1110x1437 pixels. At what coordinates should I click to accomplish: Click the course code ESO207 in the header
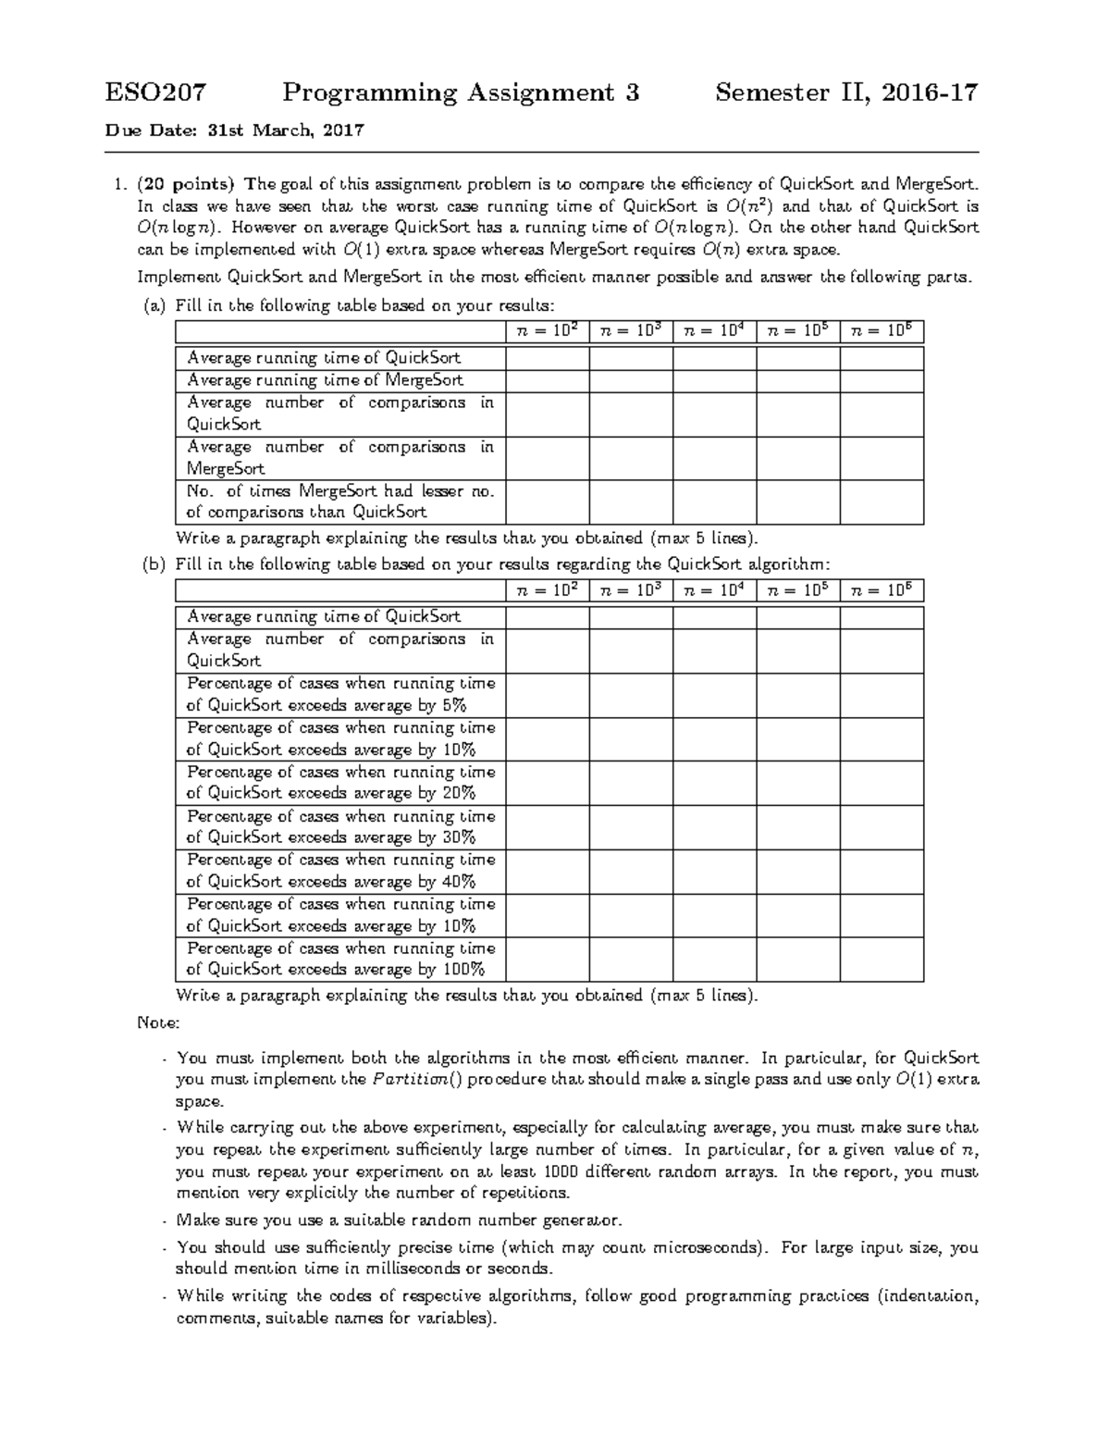click(155, 93)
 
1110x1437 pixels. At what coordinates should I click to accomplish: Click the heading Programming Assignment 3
click(461, 93)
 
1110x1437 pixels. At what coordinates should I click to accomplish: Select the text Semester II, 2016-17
click(846, 93)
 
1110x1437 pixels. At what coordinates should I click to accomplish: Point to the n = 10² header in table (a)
click(548, 330)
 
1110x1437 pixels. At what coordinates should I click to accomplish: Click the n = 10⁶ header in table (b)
click(882, 589)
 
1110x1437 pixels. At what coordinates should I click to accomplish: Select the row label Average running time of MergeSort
click(325, 379)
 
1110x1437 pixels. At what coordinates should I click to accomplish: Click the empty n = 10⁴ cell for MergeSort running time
click(714, 379)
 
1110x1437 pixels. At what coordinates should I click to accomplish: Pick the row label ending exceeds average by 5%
click(340, 694)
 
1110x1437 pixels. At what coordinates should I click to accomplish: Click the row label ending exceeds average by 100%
click(340, 960)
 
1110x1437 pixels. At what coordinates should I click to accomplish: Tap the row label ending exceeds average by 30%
click(340, 827)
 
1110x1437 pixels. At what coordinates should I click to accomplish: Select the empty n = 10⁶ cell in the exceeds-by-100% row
click(882, 960)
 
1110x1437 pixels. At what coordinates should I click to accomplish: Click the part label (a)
click(153, 306)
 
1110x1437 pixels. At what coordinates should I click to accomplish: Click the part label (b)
click(153, 564)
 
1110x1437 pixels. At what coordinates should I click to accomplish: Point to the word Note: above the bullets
click(158, 1023)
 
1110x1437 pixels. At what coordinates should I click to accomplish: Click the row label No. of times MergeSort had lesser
click(340, 502)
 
